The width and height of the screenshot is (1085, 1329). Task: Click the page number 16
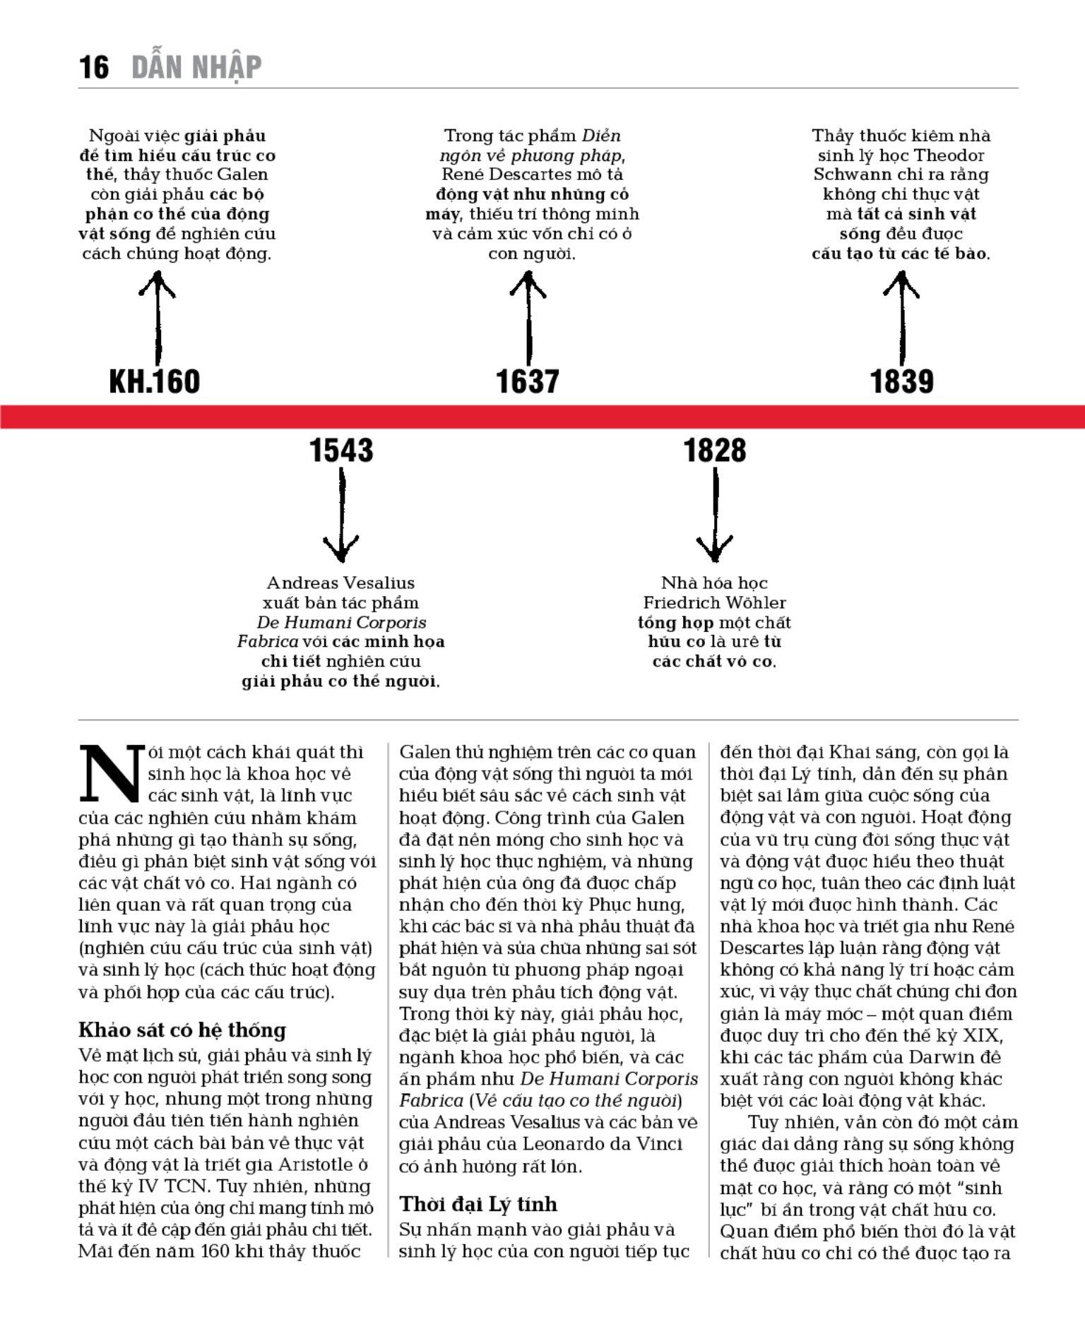(x=94, y=68)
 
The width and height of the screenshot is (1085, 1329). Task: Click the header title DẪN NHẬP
(x=196, y=68)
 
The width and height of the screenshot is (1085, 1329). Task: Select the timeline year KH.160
(x=155, y=381)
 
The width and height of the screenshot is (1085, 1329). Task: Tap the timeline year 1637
(x=528, y=381)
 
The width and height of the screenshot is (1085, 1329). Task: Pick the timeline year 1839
(x=901, y=381)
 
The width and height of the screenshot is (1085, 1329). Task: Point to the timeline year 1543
(x=341, y=451)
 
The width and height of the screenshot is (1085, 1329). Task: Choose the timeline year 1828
(x=715, y=451)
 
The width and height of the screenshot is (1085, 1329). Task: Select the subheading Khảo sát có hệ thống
(x=182, y=1030)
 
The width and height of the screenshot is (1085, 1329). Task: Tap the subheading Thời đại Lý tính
(x=478, y=1203)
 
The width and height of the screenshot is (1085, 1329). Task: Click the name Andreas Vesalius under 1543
(x=340, y=583)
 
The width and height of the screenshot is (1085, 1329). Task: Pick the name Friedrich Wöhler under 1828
(x=714, y=602)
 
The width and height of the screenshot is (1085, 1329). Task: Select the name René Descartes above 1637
(x=498, y=174)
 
